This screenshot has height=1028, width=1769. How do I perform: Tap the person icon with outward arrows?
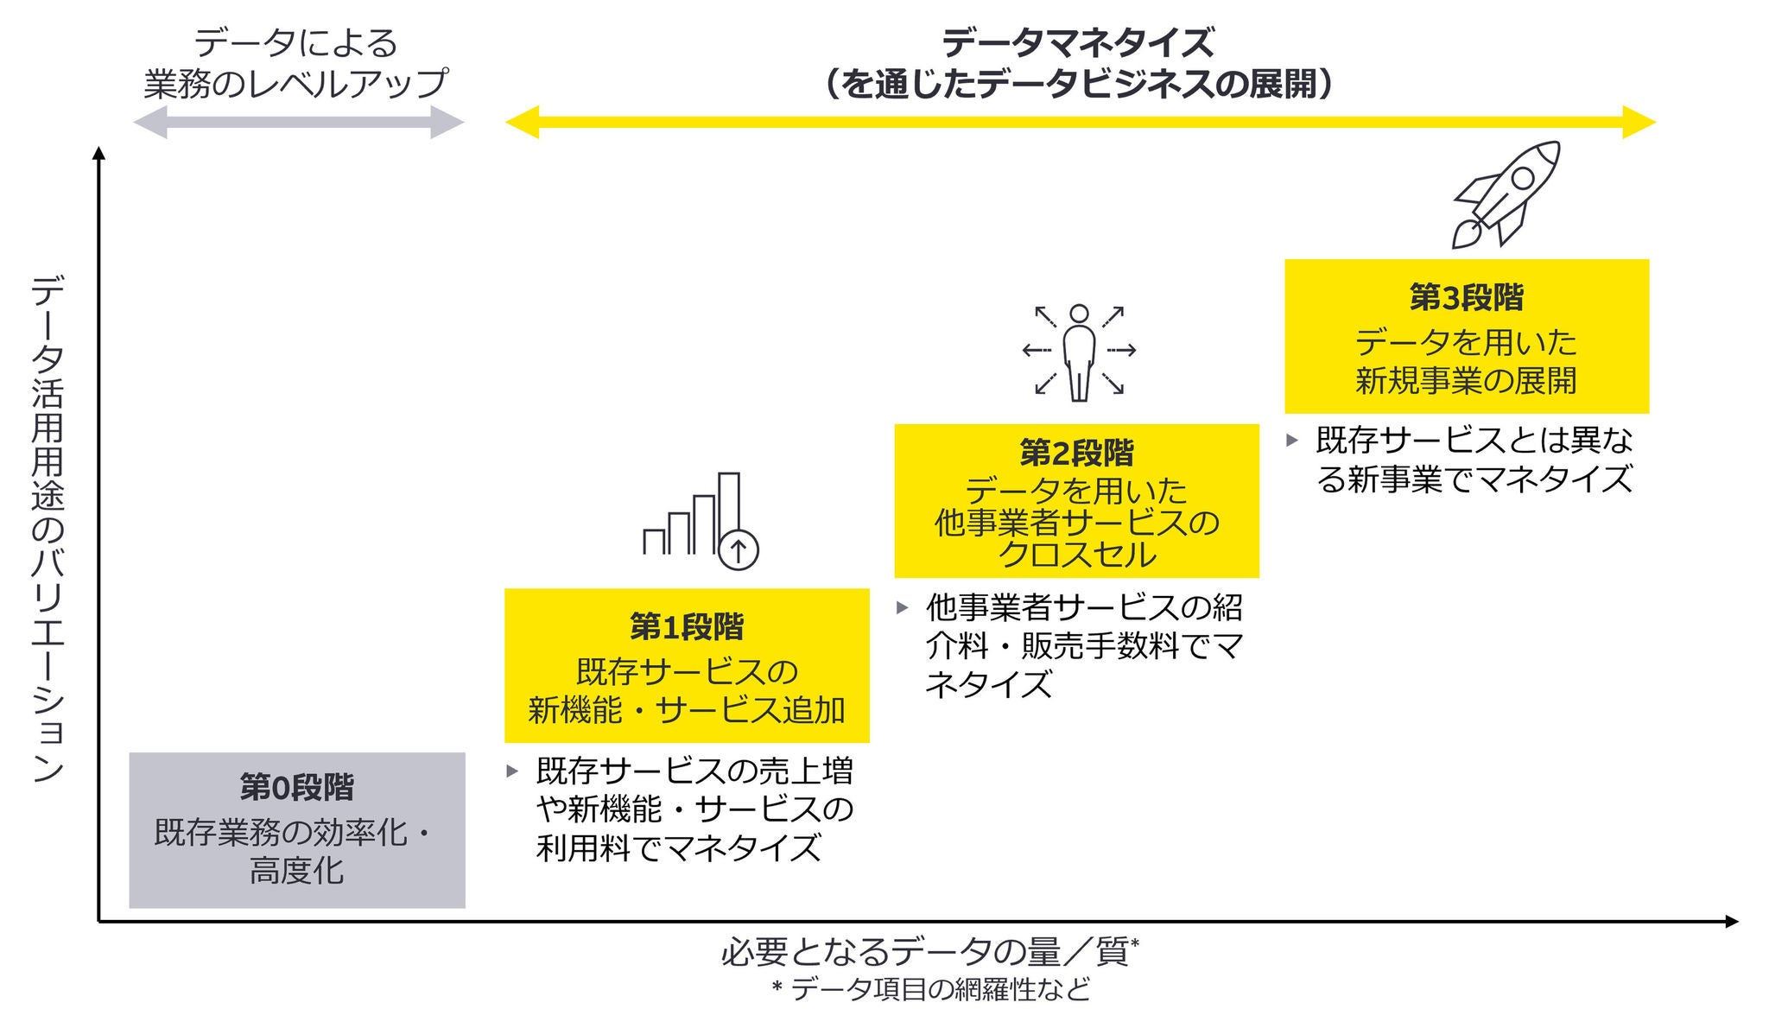pos(1079,352)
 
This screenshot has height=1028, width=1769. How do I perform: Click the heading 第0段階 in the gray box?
pos(296,787)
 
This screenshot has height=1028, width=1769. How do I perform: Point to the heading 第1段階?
pos(687,627)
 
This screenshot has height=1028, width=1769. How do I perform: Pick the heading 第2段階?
pos(1076,452)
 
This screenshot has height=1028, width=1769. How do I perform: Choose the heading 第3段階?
pos(1467,297)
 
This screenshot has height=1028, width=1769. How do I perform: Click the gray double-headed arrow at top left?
pos(298,123)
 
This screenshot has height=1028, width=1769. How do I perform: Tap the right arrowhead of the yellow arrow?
pos(1639,123)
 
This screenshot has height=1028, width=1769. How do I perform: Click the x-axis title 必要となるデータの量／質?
pos(925,952)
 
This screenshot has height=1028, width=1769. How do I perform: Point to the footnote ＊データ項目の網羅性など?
pos(930,988)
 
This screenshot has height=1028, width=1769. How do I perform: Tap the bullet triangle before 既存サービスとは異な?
pos(1292,441)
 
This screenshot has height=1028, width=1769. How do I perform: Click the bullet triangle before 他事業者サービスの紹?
pos(903,607)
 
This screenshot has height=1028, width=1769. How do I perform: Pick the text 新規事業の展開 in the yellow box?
pos(1467,380)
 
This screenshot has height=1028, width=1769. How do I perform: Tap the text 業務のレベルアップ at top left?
pos(296,83)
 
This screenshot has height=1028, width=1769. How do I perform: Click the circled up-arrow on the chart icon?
pos(739,549)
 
